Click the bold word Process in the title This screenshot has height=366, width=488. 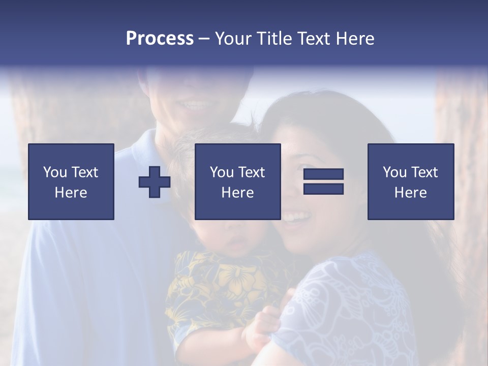(160, 39)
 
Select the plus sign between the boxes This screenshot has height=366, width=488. (155, 182)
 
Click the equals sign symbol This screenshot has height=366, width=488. (323, 181)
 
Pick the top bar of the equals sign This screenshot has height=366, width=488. (323, 174)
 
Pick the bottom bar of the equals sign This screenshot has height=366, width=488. (323, 189)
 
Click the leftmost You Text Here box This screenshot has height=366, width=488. (71, 181)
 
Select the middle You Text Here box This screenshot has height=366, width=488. (237, 181)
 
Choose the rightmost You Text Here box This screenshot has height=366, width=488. (410, 181)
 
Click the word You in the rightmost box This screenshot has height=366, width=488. (394, 172)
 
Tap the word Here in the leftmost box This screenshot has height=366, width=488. (71, 193)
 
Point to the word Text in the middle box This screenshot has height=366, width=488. (251, 172)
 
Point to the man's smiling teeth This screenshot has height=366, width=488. (196, 105)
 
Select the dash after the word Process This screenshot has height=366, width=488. (204, 39)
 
